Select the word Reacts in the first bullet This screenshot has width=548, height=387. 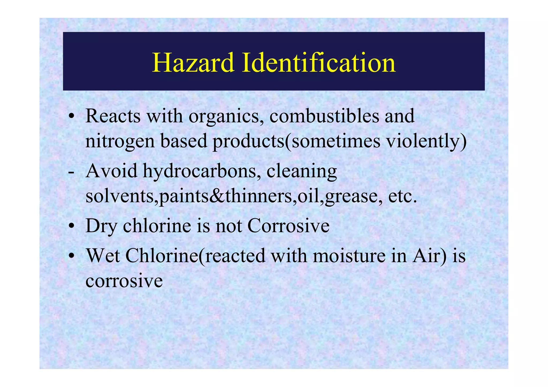113,116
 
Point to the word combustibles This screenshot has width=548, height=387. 324,116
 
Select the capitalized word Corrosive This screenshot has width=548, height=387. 288,226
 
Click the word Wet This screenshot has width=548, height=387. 103,256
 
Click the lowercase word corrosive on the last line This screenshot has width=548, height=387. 124,281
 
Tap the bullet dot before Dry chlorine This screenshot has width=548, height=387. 71,227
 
